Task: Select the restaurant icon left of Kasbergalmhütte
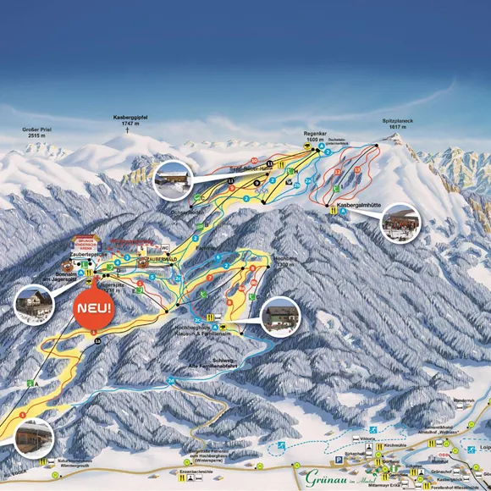333,212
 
